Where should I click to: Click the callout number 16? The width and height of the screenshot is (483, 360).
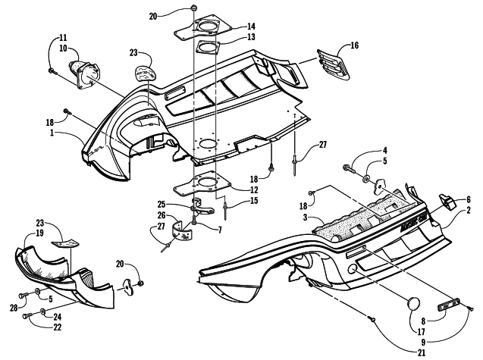pyautogui.click(x=353, y=46)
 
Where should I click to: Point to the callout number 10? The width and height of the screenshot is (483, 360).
pyautogui.click(x=64, y=47)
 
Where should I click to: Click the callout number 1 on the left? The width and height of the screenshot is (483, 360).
pyautogui.click(x=74, y=133)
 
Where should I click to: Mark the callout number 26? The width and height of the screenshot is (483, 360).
pyautogui.click(x=183, y=214)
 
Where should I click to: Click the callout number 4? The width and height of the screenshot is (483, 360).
pyautogui.click(x=385, y=151)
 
